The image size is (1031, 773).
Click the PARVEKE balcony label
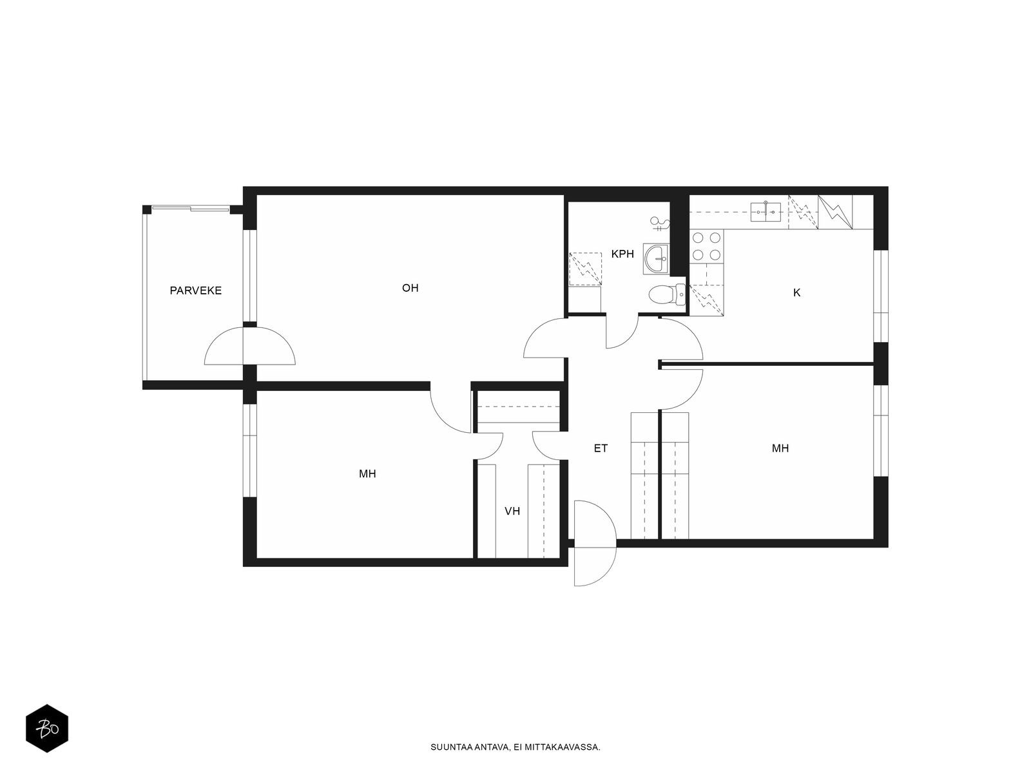(195, 291)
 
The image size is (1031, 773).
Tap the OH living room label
(410, 288)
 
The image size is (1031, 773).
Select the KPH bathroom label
(622, 254)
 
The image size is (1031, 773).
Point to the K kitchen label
(796, 292)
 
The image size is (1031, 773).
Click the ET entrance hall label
(601, 448)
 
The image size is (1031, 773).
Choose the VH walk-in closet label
(512, 511)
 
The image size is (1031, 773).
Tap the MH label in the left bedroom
(367, 473)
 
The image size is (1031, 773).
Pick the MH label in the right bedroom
(780, 448)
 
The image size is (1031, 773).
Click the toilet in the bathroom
(667, 294)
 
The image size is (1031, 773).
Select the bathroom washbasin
(656, 258)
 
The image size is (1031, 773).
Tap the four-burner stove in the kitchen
(706, 246)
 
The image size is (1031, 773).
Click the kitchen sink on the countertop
(766, 212)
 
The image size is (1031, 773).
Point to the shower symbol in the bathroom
(659, 224)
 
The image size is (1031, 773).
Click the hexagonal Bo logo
(47, 729)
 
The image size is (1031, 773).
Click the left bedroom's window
(250, 450)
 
